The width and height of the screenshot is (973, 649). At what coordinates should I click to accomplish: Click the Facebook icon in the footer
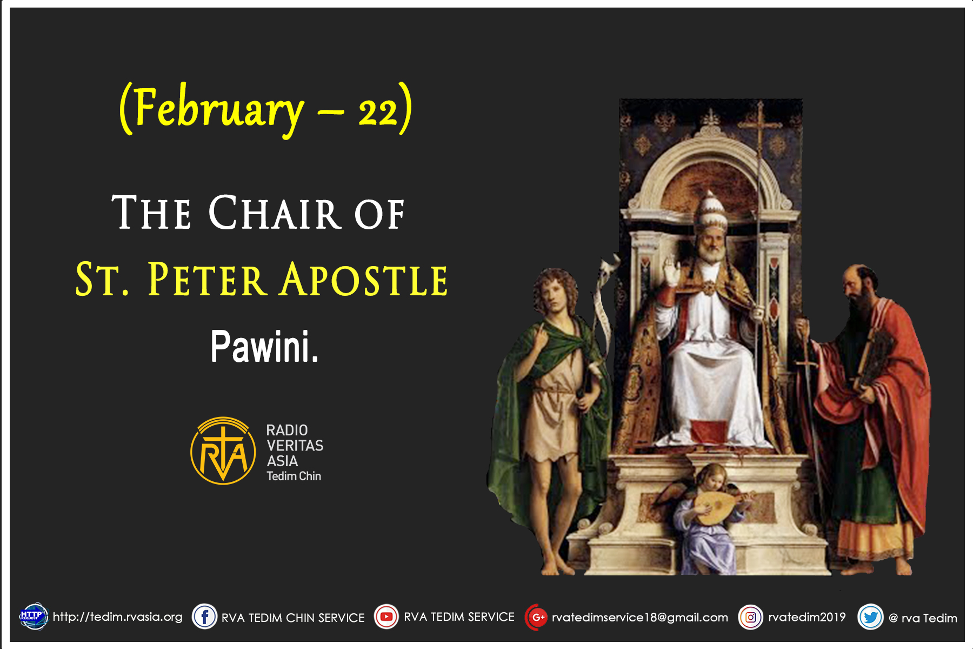(205, 617)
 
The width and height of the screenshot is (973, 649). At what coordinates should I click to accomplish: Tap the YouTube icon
(386, 617)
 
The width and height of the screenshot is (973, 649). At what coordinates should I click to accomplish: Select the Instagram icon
(751, 617)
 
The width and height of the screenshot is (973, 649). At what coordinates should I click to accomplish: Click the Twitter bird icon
(870, 617)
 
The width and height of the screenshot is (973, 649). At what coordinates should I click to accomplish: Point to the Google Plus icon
(537, 617)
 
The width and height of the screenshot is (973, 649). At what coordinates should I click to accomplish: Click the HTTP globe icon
(34, 617)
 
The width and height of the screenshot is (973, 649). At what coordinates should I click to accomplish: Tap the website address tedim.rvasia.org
(117, 617)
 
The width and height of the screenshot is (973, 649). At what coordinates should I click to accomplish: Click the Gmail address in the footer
(639, 618)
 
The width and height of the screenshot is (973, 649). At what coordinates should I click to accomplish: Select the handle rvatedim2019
(807, 617)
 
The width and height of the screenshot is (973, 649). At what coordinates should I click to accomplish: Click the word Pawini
(264, 347)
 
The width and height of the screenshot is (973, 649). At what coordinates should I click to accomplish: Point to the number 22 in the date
(378, 112)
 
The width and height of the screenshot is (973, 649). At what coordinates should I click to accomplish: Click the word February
(219, 110)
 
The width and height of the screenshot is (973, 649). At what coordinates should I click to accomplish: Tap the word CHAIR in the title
(275, 213)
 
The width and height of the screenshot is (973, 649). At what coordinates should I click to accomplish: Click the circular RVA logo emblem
(223, 451)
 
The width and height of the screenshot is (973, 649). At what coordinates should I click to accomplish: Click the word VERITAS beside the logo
(295, 446)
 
